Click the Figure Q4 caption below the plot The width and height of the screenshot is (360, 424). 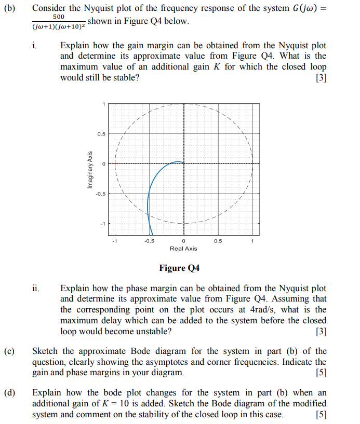pyautogui.click(x=179, y=268)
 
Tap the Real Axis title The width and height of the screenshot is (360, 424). pyautogui.click(x=183, y=249)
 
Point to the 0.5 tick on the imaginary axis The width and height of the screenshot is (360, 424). pyautogui.click(x=102, y=134)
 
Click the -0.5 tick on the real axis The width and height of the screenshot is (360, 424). pyautogui.click(x=149, y=241)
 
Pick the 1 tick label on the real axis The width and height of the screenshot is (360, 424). pyautogui.click(x=252, y=241)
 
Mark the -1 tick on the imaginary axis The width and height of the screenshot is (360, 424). pyautogui.click(x=103, y=224)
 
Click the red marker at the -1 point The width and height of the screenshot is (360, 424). pyautogui.click(x=115, y=163)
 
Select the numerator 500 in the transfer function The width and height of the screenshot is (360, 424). pyautogui.click(x=59, y=17)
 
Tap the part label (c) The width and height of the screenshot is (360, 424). pyautogui.click(x=12, y=351)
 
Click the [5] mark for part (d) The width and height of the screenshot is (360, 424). pyautogui.click(x=321, y=415)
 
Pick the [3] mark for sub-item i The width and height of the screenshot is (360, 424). pyautogui.click(x=321, y=78)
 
